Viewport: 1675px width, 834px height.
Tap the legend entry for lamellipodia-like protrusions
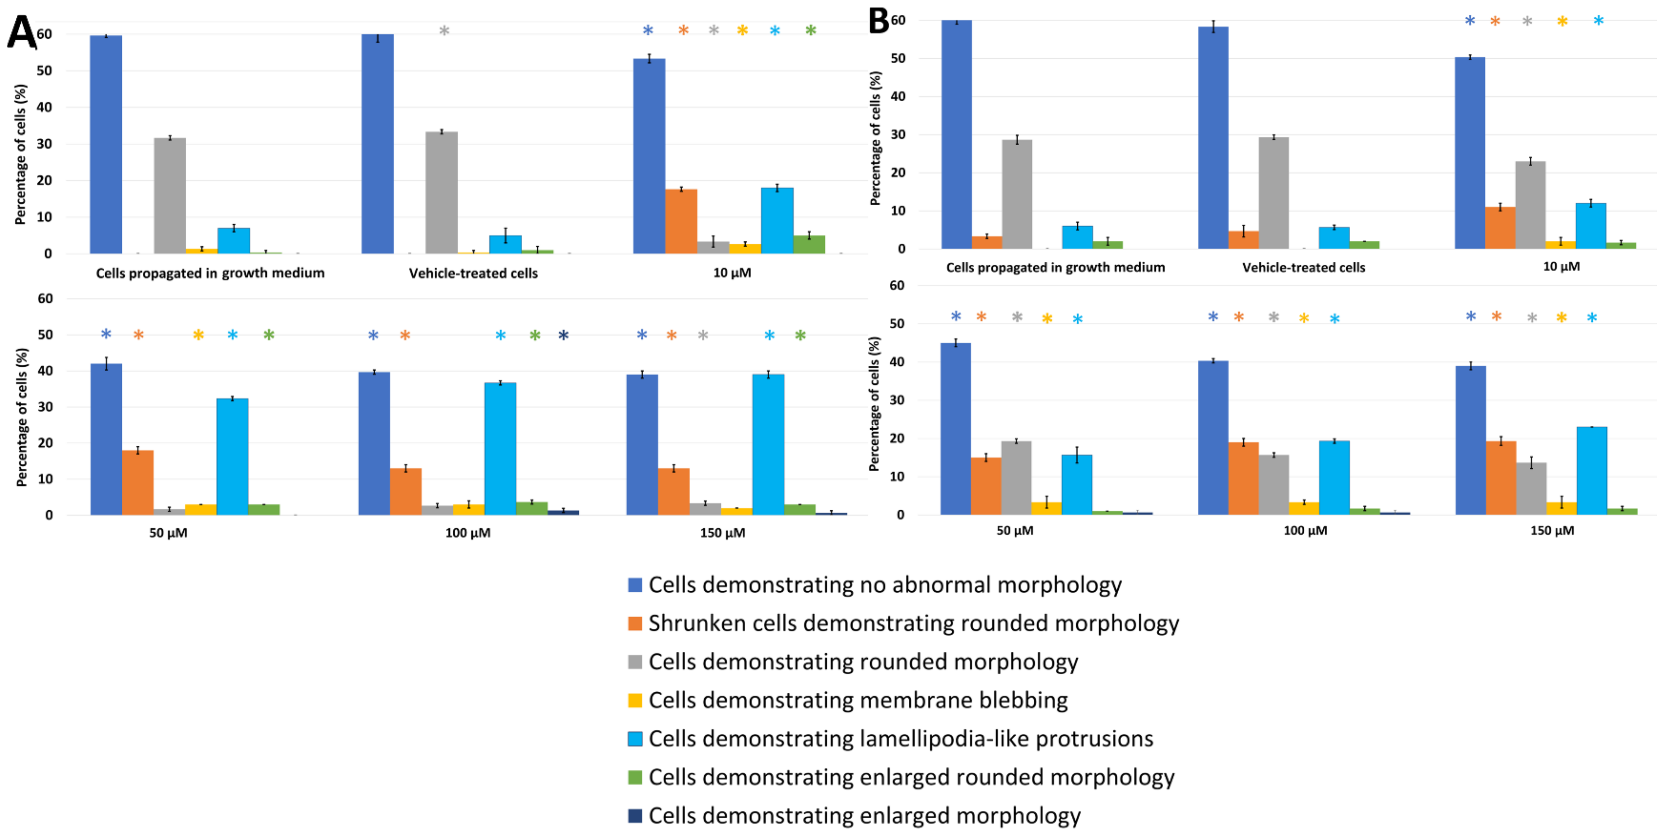pos(890,738)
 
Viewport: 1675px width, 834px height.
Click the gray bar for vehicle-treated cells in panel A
pos(442,192)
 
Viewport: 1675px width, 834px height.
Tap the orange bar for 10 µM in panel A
pos(681,221)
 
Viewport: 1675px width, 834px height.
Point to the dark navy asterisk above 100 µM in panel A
pos(564,336)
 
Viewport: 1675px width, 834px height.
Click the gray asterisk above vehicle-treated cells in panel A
pos(444,30)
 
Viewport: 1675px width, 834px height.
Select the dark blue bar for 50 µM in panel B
pos(956,429)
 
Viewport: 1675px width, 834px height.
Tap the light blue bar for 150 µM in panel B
pos(1592,471)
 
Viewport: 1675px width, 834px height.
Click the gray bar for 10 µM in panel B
pos(1531,205)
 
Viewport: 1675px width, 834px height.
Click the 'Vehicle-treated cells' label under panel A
pos(473,273)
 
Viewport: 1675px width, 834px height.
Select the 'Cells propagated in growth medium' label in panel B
pos(1055,267)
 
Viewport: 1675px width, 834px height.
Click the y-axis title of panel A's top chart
pos(21,155)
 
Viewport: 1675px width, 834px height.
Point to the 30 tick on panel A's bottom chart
pos(45,407)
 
